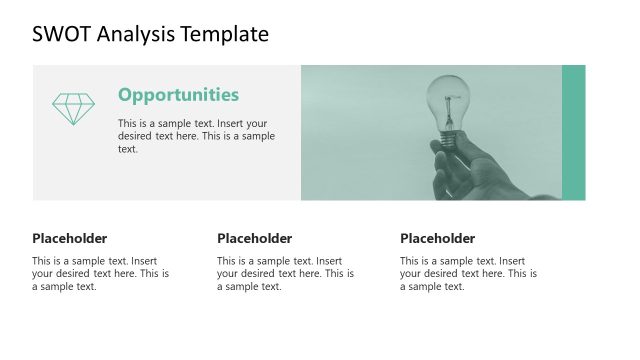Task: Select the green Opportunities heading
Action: pos(178,95)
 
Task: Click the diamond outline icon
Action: pos(73,109)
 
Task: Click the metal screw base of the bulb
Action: pos(449,139)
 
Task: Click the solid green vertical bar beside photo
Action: pos(573,132)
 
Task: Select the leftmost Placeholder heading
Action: pos(69,238)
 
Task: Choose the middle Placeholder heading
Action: pos(254,238)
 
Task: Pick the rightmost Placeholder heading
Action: pos(437,238)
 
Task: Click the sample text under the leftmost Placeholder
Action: pos(100,273)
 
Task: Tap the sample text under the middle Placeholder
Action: pos(285,273)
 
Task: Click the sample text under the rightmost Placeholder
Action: pos(468,273)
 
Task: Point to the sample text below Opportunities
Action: pos(196,136)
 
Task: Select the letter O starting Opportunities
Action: pos(126,95)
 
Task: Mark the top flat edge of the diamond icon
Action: pos(73,95)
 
